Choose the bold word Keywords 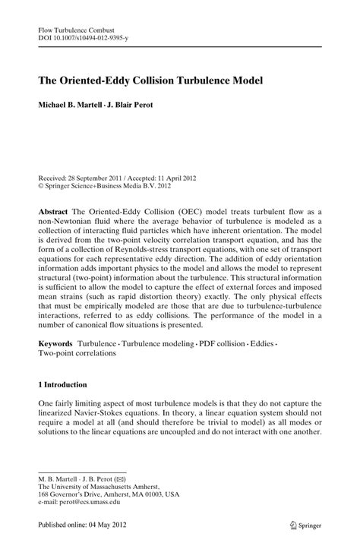tap(58, 344)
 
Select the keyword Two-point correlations tap(78, 354)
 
